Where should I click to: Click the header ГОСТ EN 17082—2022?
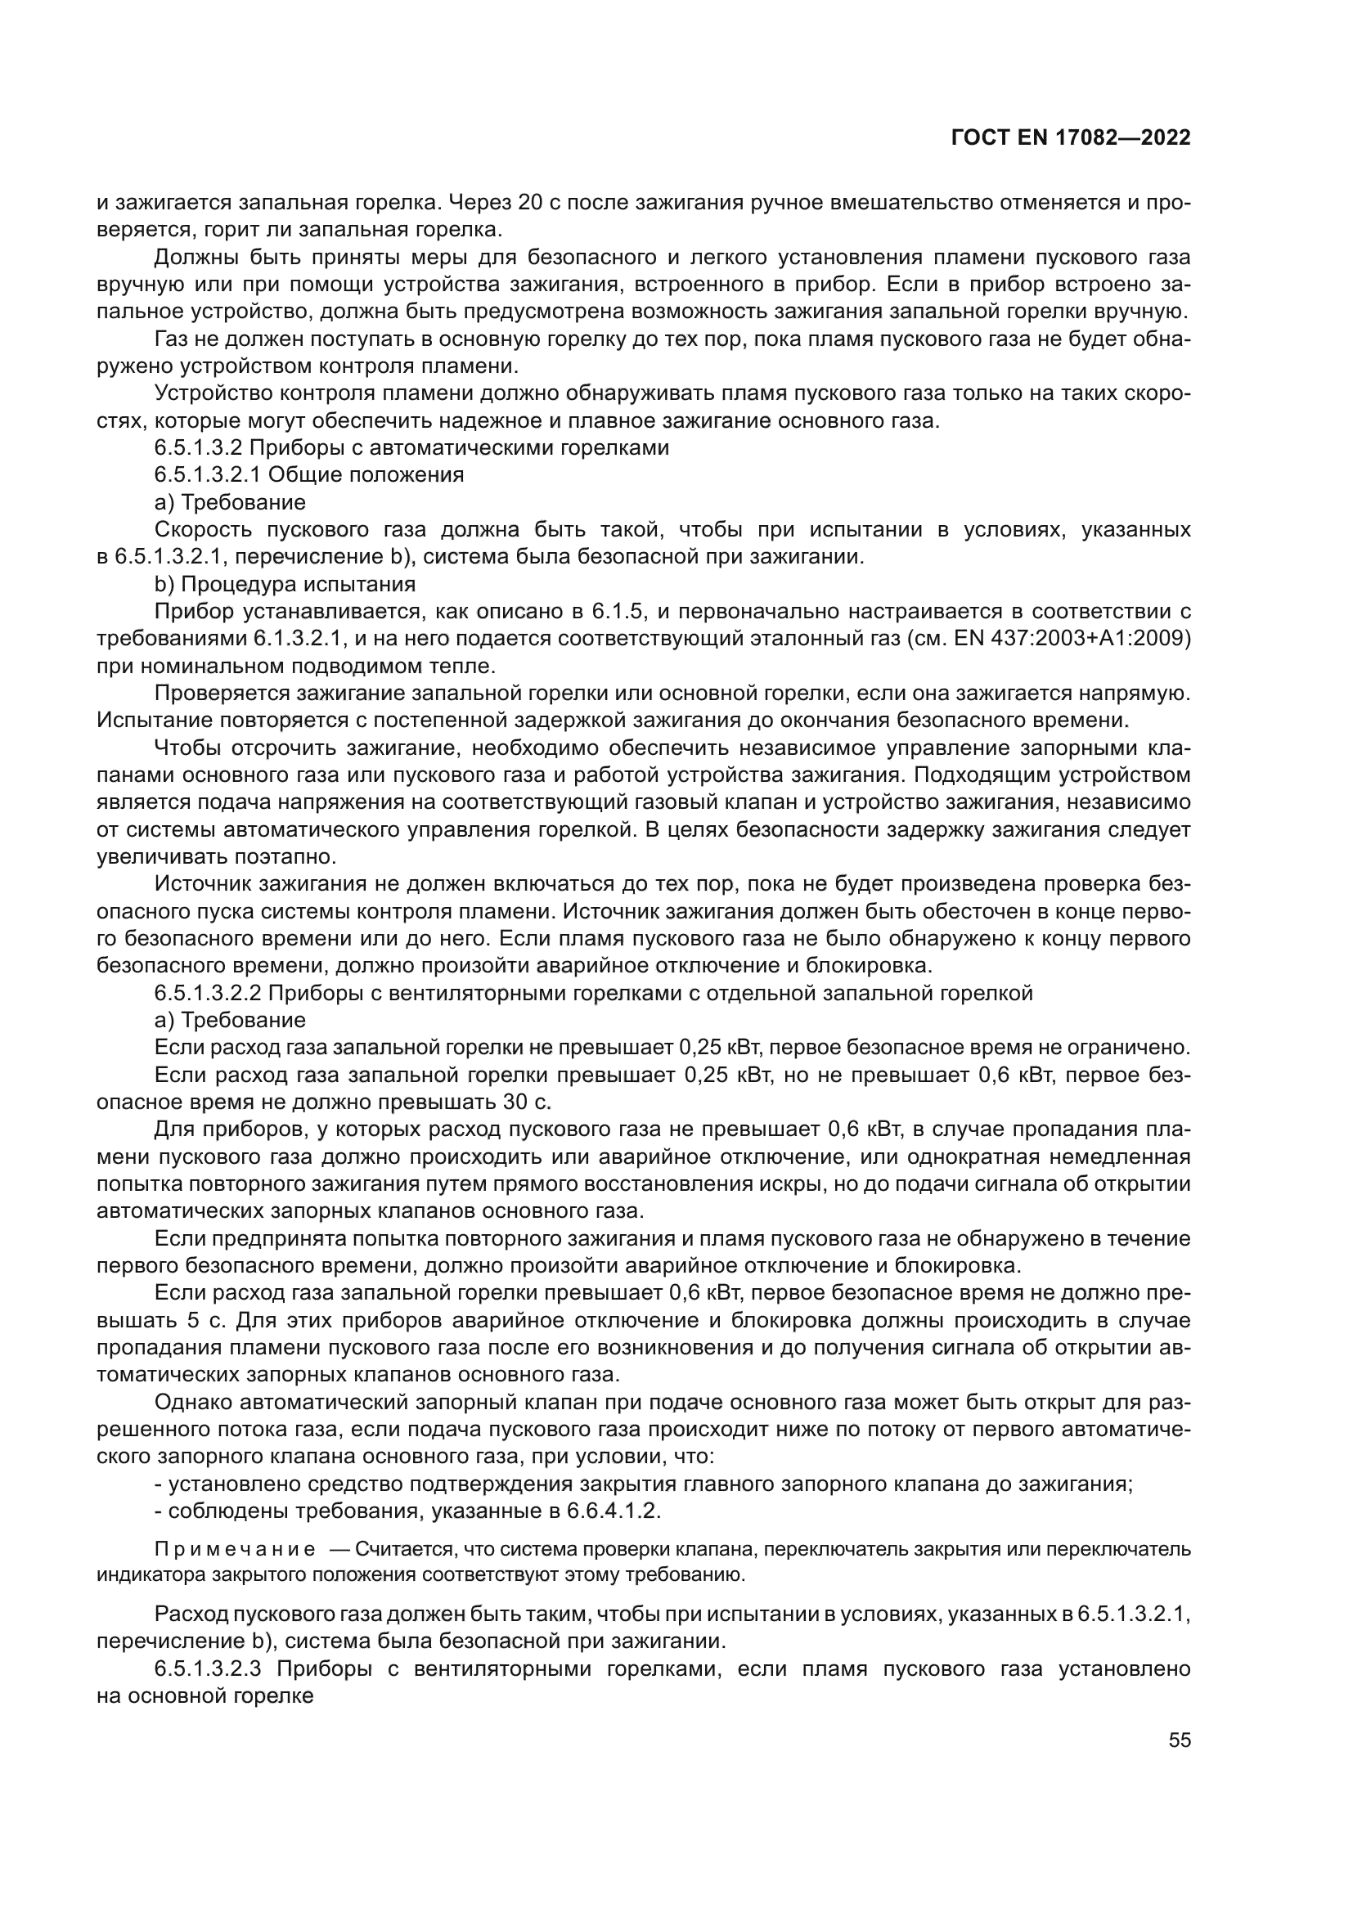(x=1071, y=138)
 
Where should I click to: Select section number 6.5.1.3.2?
(x=198, y=448)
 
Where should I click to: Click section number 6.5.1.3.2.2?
(x=209, y=993)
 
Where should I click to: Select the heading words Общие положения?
(x=366, y=475)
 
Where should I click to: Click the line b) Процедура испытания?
(x=285, y=584)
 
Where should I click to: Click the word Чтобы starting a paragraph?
(x=187, y=748)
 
